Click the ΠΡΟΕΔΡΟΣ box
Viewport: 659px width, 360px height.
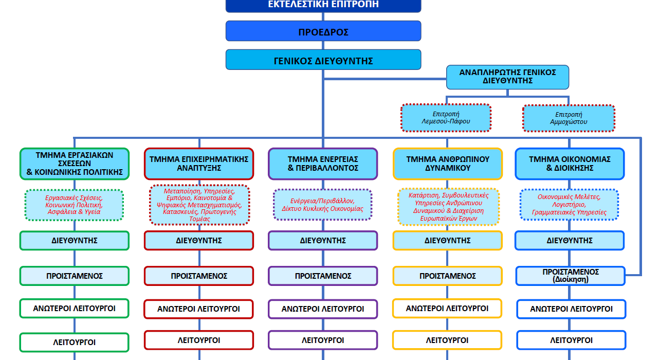[x=323, y=31]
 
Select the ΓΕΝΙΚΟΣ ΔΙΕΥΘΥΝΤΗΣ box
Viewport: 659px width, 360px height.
[x=323, y=60]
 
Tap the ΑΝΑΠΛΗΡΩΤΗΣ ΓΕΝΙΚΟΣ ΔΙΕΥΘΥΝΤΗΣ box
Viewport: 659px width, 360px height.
[x=507, y=77]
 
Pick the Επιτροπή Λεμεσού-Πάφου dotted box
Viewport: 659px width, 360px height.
[x=446, y=118]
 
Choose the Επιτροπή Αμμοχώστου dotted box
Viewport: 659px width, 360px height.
[x=569, y=118]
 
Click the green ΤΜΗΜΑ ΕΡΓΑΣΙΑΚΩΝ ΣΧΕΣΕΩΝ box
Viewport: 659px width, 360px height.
[x=75, y=164]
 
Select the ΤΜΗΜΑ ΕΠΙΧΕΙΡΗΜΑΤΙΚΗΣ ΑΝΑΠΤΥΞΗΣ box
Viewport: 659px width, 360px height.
[x=199, y=164]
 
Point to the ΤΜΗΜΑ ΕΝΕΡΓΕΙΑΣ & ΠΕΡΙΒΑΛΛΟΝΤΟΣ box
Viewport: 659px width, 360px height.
[x=323, y=164]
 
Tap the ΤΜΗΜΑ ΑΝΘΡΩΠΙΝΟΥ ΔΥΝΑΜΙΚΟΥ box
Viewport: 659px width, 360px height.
[x=448, y=164]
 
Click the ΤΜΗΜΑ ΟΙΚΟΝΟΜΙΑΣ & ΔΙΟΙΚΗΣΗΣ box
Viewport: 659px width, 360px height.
[x=570, y=164]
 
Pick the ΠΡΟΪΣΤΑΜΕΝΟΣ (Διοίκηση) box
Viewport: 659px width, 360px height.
[x=571, y=276]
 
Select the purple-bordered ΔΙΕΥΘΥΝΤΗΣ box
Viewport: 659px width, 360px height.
[x=323, y=241]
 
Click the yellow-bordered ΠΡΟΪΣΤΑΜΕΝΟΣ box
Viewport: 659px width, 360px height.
[x=448, y=276]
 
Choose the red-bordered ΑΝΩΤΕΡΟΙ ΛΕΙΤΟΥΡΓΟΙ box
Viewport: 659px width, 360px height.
[x=198, y=309]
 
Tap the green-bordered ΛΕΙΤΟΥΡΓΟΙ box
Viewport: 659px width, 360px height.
[x=75, y=343]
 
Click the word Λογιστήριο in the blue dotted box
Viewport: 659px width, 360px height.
[x=569, y=205]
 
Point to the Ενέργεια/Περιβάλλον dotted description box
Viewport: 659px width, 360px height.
[x=323, y=205]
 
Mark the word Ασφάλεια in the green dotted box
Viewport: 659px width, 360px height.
[x=62, y=212]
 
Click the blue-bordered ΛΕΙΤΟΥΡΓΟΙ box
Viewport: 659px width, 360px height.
[x=571, y=340]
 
